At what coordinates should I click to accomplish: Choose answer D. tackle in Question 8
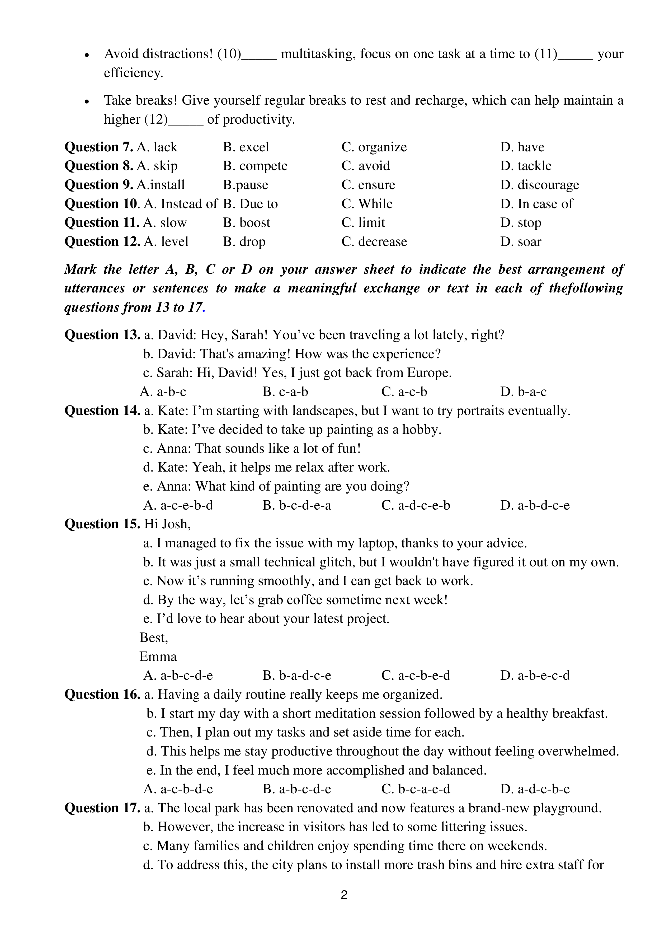(x=525, y=166)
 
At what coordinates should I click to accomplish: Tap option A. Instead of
(x=180, y=204)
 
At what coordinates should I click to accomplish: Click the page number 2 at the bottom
(x=344, y=895)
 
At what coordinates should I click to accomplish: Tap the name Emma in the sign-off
(x=158, y=657)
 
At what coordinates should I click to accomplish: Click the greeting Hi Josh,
(x=167, y=524)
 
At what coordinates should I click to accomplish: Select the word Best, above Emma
(x=153, y=638)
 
